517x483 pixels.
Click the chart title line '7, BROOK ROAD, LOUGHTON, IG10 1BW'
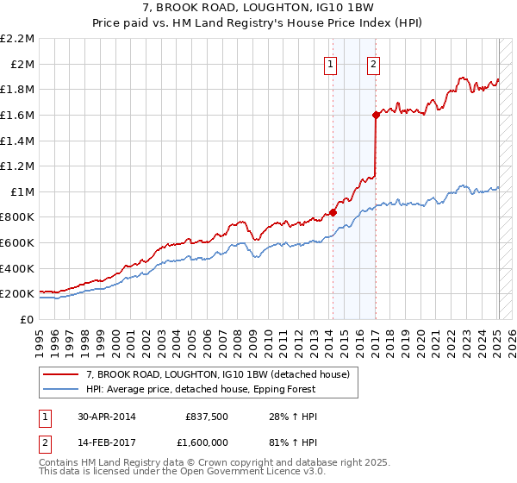click(258, 9)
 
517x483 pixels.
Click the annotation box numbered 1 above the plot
click(332, 63)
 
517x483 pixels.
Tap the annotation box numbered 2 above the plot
click(374, 63)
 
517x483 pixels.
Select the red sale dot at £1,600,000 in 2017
click(376, 115)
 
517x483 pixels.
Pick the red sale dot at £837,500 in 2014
click(333, 212)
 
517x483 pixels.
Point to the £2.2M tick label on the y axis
click(17, 39)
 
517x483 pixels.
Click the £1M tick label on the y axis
click(22, 191)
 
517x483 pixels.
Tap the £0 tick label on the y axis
click(27, 319)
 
